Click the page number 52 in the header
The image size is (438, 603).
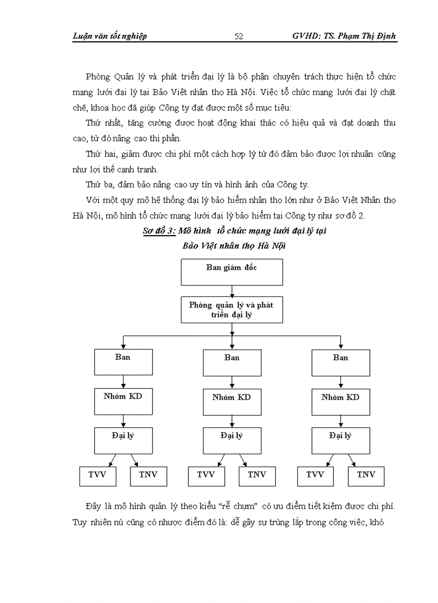coord(239,37)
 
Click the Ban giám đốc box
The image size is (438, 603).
coord(232,272)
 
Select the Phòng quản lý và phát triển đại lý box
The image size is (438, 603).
coord(231,310)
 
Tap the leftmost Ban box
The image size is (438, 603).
coord(123,362)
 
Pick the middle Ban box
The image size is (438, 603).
coord(232,362)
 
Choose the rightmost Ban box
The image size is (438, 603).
coord(340,362)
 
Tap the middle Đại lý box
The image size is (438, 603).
coord(232,441)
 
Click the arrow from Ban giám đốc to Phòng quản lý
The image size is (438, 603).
coord(232,291)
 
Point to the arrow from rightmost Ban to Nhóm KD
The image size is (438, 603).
coord(341,382)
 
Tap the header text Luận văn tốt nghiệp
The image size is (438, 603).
coord(109,37)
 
